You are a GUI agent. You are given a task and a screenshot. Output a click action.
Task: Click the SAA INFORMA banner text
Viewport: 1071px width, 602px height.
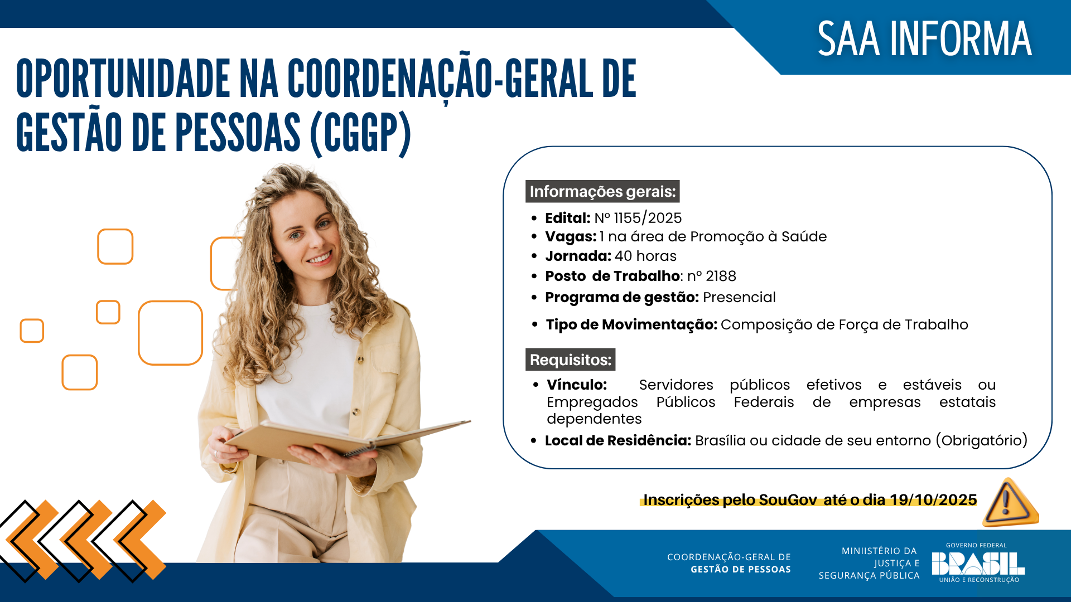tap(924, 39)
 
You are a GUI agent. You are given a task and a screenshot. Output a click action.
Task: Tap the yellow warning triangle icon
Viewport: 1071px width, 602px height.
tap(1010, 503)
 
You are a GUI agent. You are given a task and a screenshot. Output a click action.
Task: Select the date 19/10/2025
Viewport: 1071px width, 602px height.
tap(933, 500)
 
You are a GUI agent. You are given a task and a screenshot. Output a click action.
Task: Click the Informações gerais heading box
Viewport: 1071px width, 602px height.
tap(602, 192)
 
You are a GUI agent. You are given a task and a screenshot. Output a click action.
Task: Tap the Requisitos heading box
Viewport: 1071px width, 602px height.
tap(570, 360)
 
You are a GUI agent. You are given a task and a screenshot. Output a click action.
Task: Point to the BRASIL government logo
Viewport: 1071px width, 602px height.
tap(977, 564)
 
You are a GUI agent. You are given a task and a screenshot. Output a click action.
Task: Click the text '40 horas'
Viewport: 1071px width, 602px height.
tap(645, 256)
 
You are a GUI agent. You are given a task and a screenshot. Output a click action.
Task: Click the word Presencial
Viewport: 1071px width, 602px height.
tap(739, 298)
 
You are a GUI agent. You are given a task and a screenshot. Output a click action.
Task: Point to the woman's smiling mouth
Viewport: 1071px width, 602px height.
tap(320, 259)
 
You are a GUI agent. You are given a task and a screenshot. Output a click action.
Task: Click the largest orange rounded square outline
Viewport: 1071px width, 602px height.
tap(170, 333)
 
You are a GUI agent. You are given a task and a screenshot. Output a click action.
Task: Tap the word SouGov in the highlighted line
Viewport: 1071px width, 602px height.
tap(788, 500)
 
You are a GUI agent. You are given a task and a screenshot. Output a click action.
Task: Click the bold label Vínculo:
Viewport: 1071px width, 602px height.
tap(576, 385)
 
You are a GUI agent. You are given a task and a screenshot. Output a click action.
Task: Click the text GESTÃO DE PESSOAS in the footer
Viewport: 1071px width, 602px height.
tap(740, 570)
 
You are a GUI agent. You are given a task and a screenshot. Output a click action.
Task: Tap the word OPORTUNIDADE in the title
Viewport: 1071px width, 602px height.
tap(123, 79)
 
